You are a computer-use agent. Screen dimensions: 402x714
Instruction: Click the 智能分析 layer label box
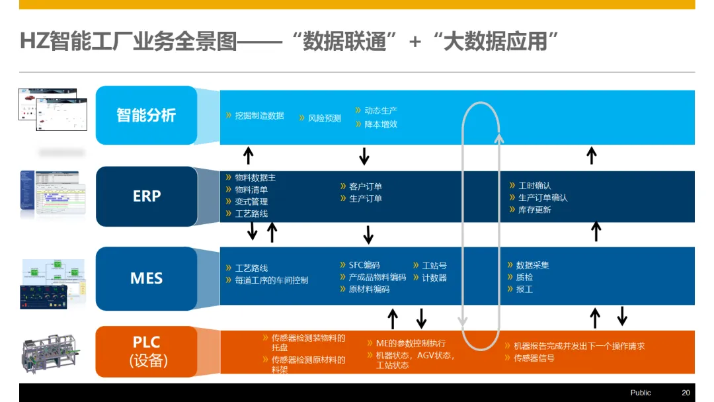[146, 115]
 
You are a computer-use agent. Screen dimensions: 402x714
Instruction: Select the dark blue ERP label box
[146, 196]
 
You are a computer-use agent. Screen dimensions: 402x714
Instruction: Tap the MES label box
[146, 278]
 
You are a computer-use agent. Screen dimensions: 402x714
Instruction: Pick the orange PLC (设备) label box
[146, 351]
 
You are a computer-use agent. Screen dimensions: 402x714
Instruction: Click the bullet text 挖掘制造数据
[259, 116]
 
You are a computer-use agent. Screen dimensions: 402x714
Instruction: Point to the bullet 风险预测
[325, 118]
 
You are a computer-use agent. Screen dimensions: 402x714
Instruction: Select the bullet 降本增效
[381, 124]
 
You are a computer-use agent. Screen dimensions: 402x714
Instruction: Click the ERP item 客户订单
[366, 186]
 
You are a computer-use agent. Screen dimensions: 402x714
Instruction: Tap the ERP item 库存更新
[535, 210]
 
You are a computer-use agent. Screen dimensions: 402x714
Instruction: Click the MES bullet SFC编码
[364, 265]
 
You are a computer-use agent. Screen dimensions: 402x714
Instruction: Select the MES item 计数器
[434, 278]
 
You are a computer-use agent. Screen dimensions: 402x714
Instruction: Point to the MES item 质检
[524, 277]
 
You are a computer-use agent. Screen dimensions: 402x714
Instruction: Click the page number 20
[686, 393]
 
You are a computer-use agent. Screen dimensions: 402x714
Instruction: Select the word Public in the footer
[641, 393]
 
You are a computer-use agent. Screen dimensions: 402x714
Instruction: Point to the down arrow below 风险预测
[364, 157]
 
